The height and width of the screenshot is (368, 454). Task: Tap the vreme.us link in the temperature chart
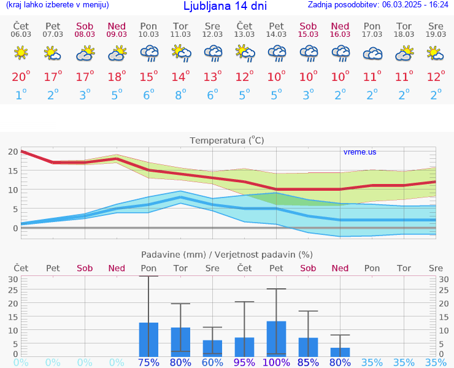tap(360, 151)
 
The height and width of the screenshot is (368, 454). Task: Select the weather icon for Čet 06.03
tap(21, 53)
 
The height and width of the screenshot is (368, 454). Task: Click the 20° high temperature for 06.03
tap(21, 77)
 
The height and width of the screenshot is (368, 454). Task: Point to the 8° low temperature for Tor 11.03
tap(180, 94)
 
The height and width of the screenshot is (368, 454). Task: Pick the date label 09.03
tap(117, 34)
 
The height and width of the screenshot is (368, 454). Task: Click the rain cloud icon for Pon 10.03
tap(148, 53)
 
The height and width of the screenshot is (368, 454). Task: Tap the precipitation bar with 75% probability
tap(148, 339)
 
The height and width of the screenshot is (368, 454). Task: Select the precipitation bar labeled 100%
tap(276, 339)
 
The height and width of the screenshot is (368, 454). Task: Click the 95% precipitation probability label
tap(244, 362)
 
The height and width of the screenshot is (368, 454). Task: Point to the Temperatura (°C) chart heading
tap(227, 140)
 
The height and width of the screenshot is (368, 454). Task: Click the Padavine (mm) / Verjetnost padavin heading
tap(227, 255)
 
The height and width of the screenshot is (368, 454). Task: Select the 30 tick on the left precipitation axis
tap(12, 279)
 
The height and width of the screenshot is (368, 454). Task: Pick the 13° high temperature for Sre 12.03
tap(212, 77)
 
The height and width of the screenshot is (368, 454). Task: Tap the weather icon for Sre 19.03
tap(436, 53)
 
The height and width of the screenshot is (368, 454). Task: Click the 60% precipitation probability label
tap(212, 362)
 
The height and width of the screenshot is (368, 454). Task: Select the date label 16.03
tap(340, 34)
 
